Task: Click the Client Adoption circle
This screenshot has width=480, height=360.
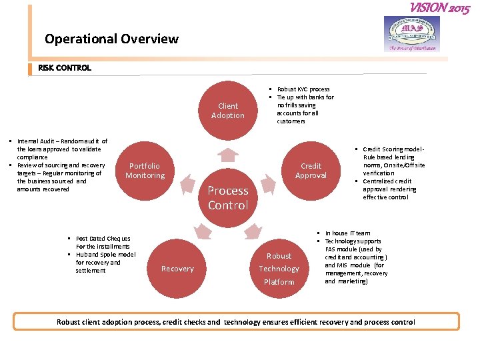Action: point(228,111)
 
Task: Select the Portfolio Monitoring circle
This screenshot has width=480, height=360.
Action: point(145,171)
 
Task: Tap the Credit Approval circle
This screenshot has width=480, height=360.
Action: point(311,171)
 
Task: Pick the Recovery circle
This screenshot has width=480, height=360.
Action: point(177,269)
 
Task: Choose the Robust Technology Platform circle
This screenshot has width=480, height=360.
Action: point(279,269)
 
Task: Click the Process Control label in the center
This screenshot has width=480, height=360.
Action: point(228,198)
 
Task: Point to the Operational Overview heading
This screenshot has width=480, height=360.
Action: point(111,39)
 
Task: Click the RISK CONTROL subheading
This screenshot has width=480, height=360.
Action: point(65,68)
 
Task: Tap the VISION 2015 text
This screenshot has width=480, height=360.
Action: point(439,8)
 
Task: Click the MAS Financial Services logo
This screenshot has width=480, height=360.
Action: point(412,33)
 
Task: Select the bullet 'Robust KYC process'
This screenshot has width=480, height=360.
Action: point(303,89)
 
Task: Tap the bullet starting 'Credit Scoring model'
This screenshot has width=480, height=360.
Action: point(393,161)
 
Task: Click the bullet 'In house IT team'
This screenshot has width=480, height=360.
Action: point(347,233)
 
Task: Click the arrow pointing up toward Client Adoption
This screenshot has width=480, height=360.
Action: point(228,155)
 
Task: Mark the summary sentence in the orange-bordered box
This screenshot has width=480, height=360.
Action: point(236,322)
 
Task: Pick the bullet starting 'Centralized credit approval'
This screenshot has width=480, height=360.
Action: point(389,189)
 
